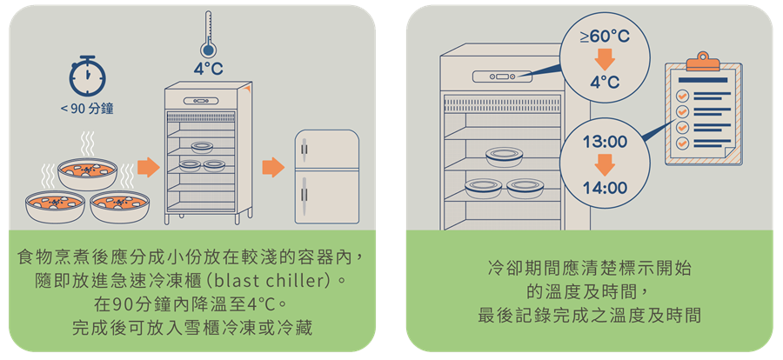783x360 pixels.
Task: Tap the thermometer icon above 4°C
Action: tap(207, 33)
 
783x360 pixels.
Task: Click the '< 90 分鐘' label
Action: tap(88, 110)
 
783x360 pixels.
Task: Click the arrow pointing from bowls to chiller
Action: tap(149, 166)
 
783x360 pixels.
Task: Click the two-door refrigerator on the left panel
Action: tap(326, 178)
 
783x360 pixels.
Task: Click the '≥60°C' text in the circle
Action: tap(605, 37)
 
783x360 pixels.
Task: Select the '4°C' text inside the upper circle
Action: tap(605, 83)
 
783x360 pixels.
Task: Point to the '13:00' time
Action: tap(605, 141)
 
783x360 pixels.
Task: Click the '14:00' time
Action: tap(605, 187)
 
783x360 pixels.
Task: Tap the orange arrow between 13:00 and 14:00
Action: tap(605, 164)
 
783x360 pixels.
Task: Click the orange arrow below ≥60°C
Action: tap(605, 61)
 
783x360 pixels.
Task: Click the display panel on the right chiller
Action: tap(502, 78)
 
